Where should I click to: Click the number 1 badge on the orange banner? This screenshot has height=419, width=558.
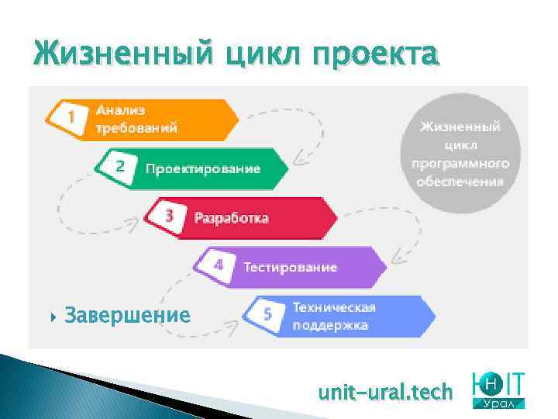click(x=71, y=118)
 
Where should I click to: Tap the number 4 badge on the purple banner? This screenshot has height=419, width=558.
click(x=218, y=265)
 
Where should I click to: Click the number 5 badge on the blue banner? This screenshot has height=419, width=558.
click(x=267, y=315)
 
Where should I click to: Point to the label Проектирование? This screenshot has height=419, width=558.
click(x=203, y=168)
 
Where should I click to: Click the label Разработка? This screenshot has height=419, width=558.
click(x=231, y=218)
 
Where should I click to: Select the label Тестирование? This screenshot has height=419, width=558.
click(x=291, y=267)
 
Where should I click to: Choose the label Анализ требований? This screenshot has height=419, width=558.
click(x=136, y=119)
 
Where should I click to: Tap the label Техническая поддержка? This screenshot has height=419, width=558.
click(x=334, y=316)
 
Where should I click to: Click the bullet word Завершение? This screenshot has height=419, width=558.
click(x=128, y=315)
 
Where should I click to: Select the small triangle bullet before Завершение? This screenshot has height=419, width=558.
click(x=53, y=316)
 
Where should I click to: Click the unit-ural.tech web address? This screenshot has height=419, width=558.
click(x=385, y=393)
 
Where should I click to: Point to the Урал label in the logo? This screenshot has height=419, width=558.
click(x=500, y=404)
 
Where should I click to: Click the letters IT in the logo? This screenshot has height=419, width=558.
click(x=513, y=383)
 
